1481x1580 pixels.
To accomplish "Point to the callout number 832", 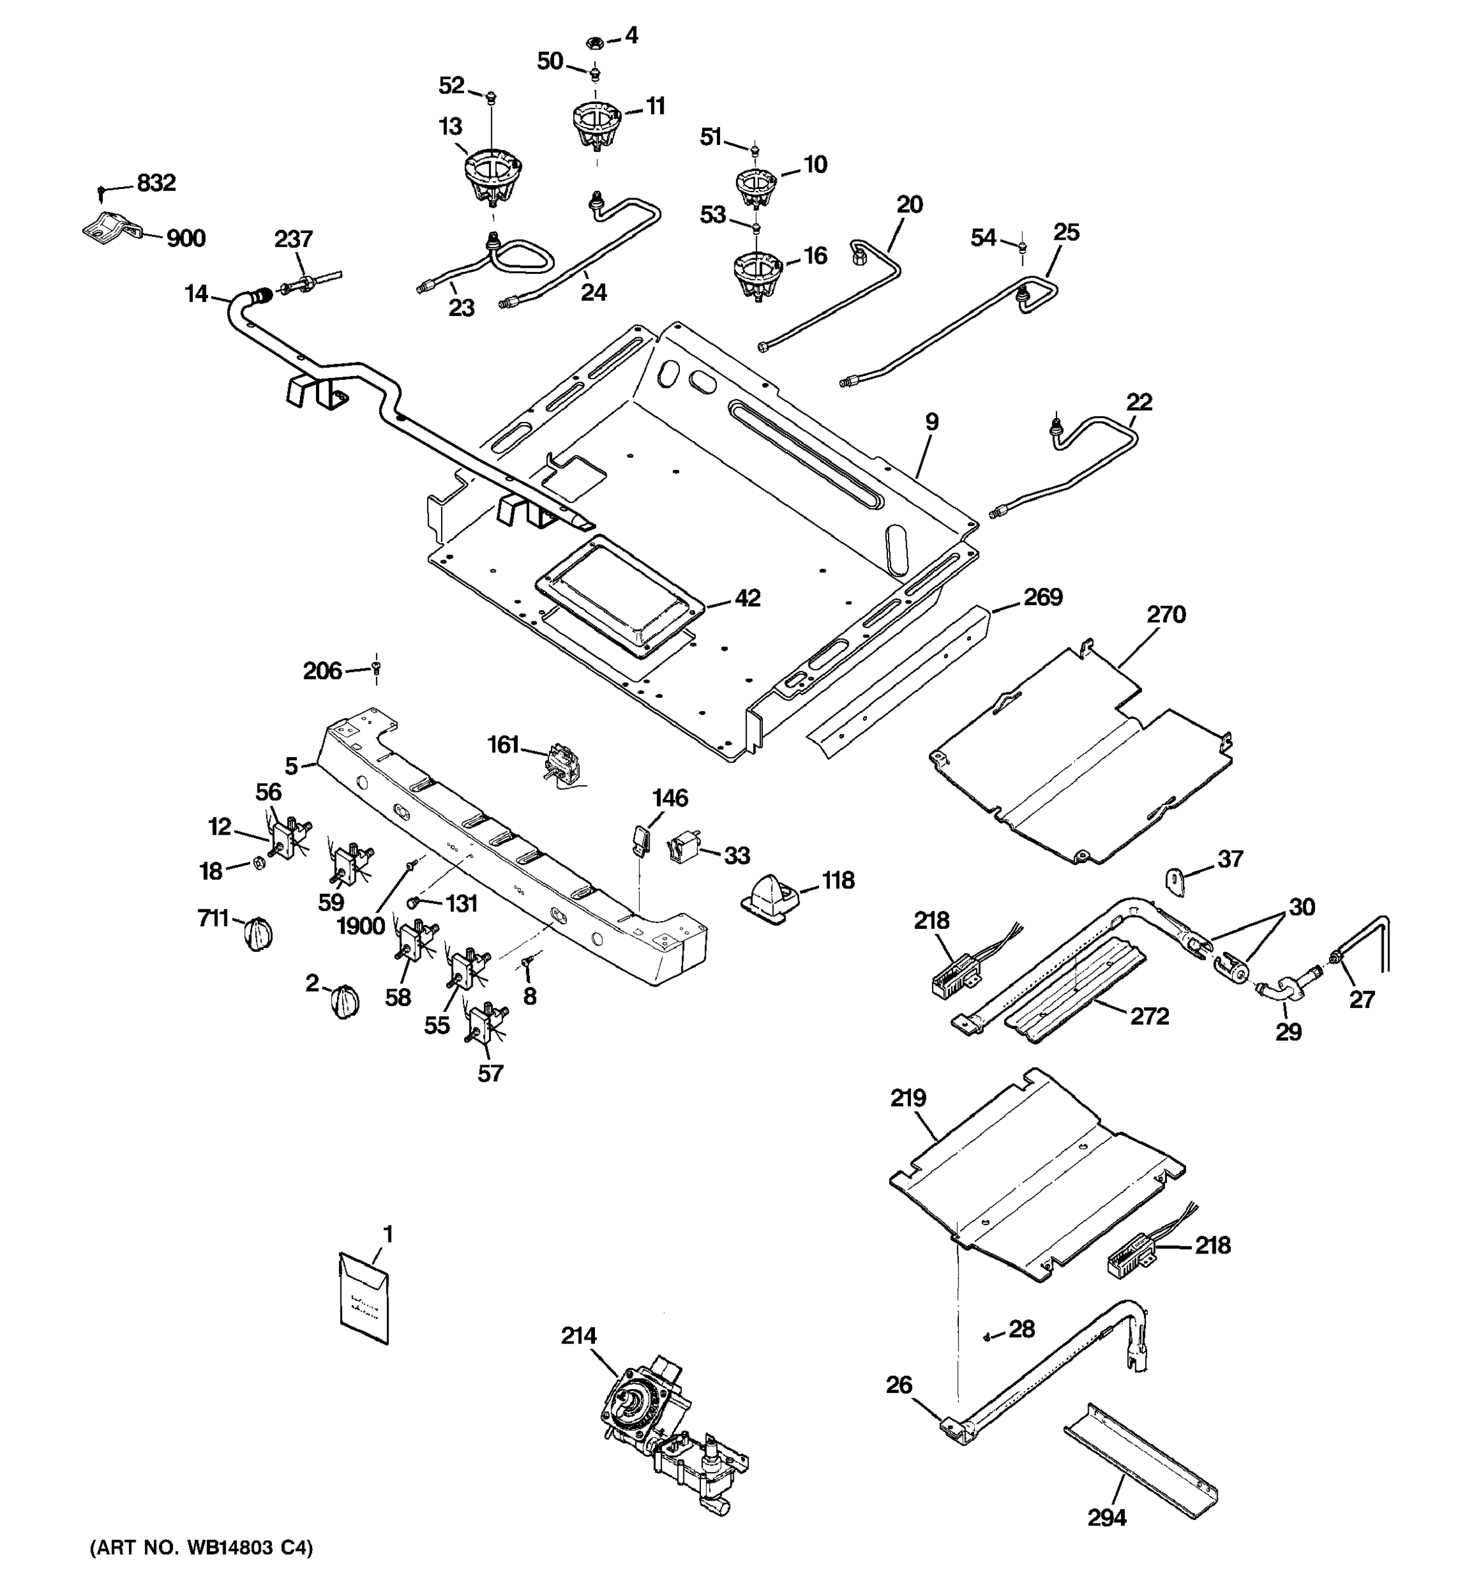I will (x=156, y=183).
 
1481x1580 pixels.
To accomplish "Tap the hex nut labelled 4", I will (x=599, y=41).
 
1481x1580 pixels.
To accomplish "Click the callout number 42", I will (x=747, y=598).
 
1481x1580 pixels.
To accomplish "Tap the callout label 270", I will (x=1166, y=614).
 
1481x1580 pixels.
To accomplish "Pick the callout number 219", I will (x=907, y=1098).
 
